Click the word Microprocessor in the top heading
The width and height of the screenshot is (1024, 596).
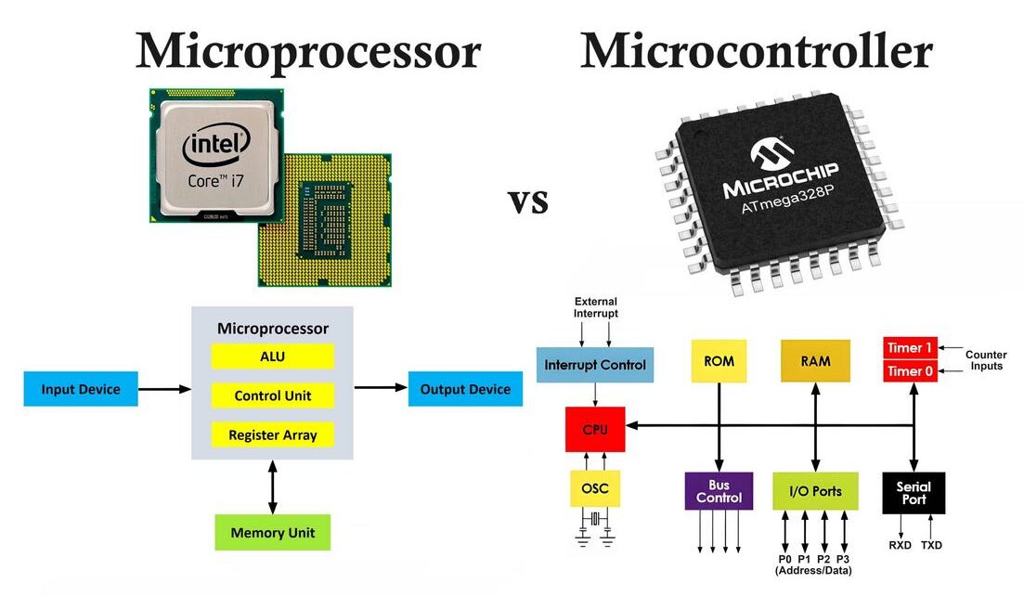point(308,51)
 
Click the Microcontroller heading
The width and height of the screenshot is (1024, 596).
point(756,51)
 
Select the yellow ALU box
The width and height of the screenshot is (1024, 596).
point(272,356)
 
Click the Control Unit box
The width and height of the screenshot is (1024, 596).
point(272,395)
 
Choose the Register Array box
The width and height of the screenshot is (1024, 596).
point(272,434)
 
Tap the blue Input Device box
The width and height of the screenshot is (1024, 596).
point(81,389)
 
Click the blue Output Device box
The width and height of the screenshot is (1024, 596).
point(465,389)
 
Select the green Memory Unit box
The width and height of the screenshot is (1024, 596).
point(272,533)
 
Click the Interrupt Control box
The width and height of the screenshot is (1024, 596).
point(595,364)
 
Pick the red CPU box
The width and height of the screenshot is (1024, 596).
point(595,430)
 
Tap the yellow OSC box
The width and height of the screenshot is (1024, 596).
point(595,488)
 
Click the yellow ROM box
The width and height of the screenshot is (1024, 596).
point(719,361)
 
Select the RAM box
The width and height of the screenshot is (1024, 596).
point(815,361)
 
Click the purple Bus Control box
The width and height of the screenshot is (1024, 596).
point(719,491)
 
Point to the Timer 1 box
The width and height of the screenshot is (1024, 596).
point(910,348)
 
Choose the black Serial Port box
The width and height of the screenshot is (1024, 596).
point(914,493)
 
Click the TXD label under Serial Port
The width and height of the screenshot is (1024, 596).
point(931,546)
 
